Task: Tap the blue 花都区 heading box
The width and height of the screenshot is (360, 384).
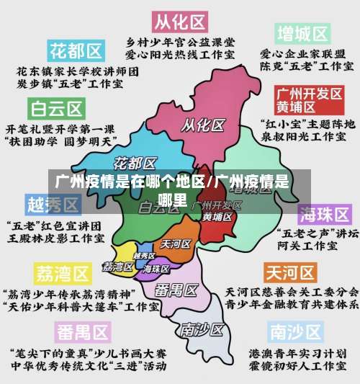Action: click(x=76, y=50)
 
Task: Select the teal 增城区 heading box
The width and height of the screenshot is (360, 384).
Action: click(x=302, y=33)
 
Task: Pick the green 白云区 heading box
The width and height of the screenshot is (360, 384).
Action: click(x=57, y=109)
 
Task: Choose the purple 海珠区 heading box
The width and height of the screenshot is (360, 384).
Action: click(x=325, y=215)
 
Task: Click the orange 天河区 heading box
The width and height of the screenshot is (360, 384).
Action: click(x=290, y=273)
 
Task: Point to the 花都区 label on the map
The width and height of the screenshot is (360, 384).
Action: click(x=136, y=161)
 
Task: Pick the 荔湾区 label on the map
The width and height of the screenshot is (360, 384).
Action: click(x=117, y=266)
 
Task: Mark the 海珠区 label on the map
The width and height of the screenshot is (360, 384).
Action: click(x=156, y=269)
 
